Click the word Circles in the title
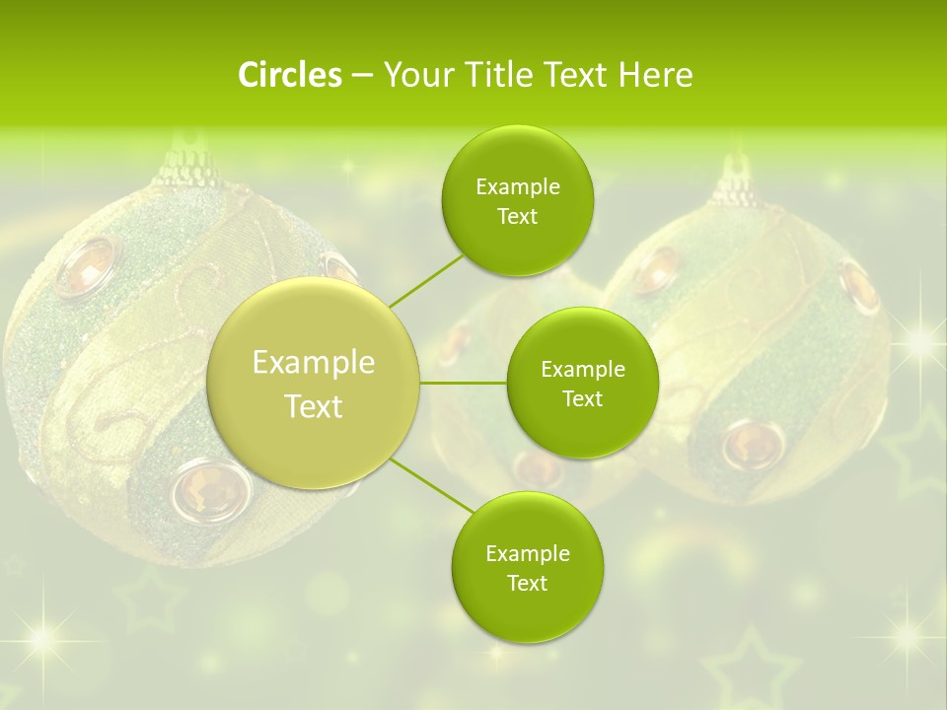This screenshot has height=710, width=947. [289, 75]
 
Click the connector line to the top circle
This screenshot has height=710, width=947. [427, 280]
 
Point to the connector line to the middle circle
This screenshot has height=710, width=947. [464, 383]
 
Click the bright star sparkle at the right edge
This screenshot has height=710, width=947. [922, 341]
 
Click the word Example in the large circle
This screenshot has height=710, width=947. [314, 363]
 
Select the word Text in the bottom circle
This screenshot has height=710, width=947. [527, 583]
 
